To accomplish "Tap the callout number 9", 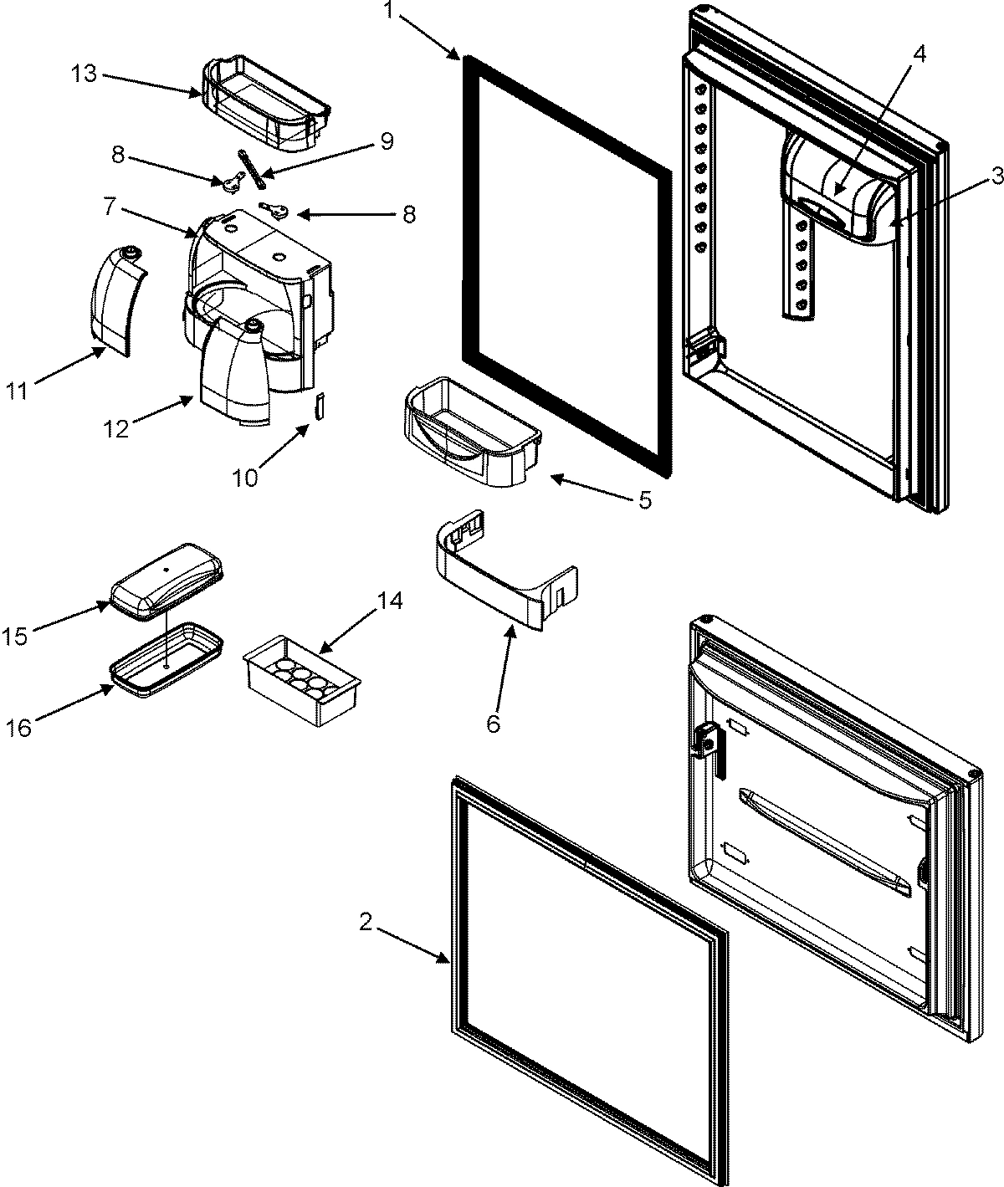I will coord(386,141).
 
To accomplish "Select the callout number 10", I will coord(246,477).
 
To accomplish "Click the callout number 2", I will coord(365,922).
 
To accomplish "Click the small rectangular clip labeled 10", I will coord(318,405).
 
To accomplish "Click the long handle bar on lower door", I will coord(823,838).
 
